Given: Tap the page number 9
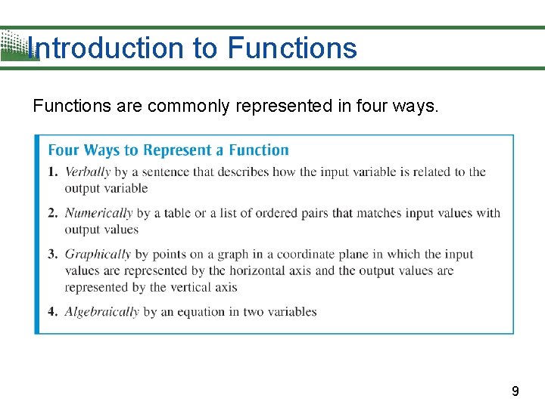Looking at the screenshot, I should [515, 391].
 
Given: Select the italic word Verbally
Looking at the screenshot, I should [88, 172].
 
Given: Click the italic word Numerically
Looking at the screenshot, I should [98, 213].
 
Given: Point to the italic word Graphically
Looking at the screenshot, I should [98, 255].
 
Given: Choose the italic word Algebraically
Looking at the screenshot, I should [101, 311].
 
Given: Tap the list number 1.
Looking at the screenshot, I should [53, 172].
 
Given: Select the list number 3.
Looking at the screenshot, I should [53, 255].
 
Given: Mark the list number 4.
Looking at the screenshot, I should [53, 311].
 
